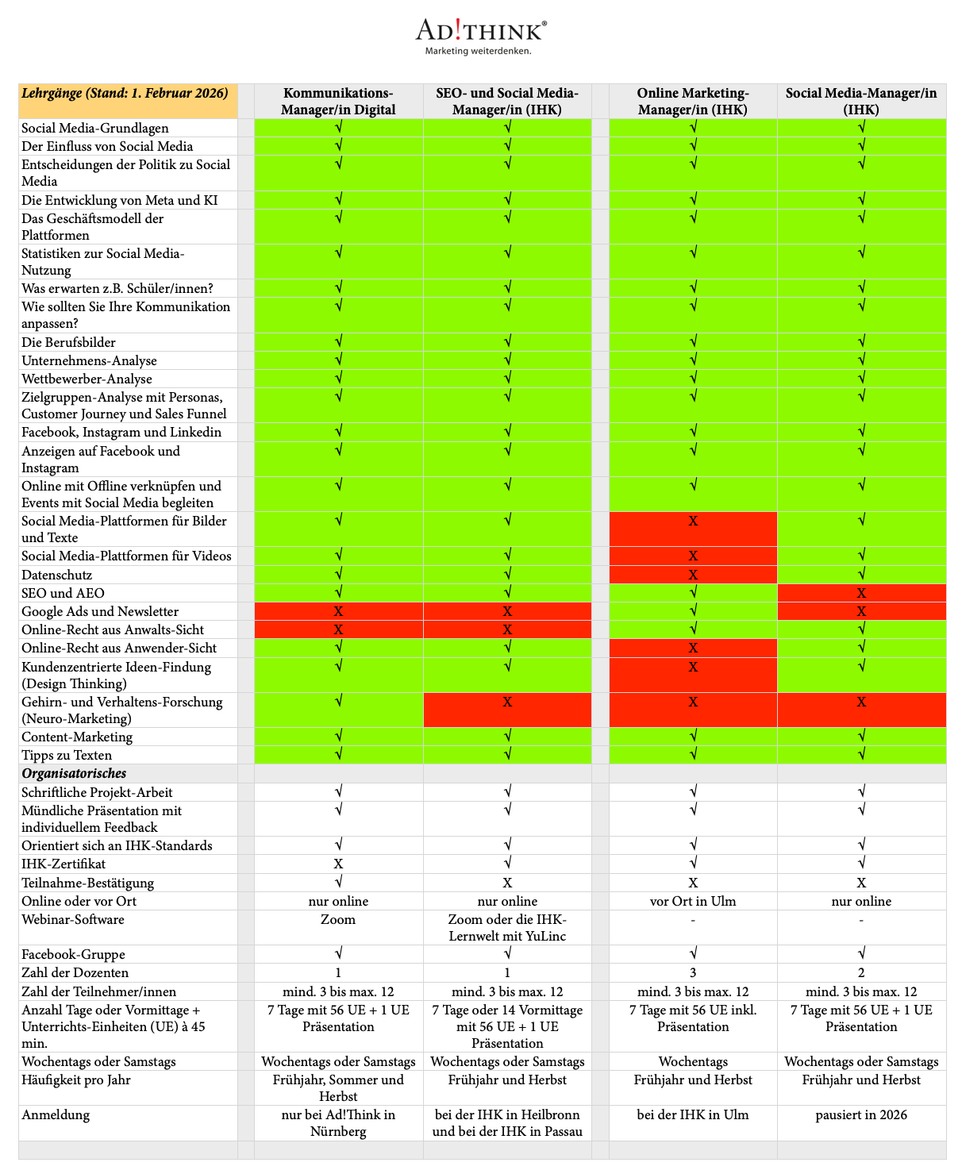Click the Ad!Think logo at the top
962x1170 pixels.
pos(481,30)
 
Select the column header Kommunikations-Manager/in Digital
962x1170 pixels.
pos(338,101)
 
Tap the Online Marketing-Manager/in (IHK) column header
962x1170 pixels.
pos(693,101)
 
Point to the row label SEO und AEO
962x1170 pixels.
pos(63,593)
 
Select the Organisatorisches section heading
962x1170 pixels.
pos(75,773)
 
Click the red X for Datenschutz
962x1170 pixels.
pos(693,575)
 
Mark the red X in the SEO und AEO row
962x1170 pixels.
pos(861,593)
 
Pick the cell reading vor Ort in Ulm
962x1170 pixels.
pos(693,901)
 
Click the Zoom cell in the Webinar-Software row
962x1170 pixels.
pos(338,919)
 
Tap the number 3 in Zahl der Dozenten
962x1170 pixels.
pos(693,972)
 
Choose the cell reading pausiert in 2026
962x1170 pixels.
pos(861,1114)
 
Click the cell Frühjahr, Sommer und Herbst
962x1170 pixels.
pos(338,1087)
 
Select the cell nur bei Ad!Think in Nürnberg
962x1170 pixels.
pos(338,1122)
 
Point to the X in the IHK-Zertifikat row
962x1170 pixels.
pos(338,864)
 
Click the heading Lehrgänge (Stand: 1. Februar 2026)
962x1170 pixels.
pos(125,93)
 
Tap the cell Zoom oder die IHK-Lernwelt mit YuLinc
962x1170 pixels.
pos(507,927)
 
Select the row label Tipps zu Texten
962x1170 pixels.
pos(67,755)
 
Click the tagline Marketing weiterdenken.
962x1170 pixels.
pos(478,51)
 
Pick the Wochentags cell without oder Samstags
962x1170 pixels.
pos(693,1061)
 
